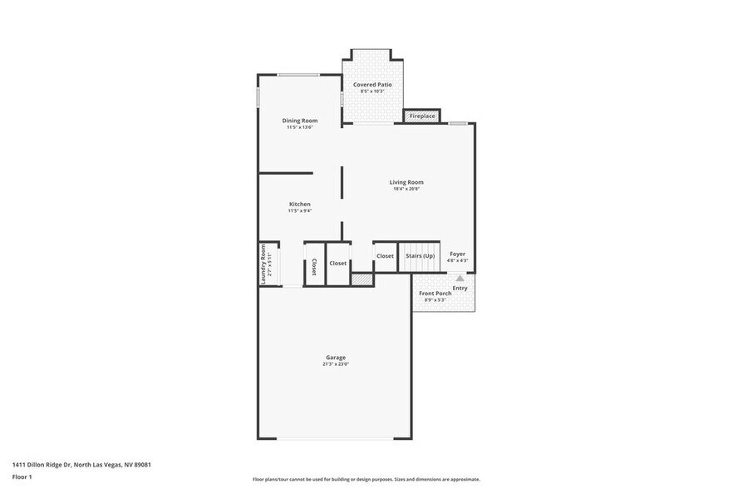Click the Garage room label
[x=335, y=358]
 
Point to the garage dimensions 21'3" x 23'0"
[x=335, y=364]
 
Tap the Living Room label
[x=406, y=182]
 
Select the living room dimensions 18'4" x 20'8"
[x=406, y=189]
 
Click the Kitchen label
[x=299, y=204]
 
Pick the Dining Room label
[x=299, y=121]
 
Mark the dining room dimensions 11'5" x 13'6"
[x=299, y=127]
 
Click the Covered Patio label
[x=371, y=84]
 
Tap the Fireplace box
[x=421, y=116]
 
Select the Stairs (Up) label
[x=420, y=255]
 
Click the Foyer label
[x=457, y=254]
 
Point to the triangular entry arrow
[x=460, y=279]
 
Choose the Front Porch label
[x=435, y=294]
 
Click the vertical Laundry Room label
[x=263, y=264]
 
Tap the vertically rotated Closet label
[x=314, y=267]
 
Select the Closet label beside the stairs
[x=385, y=256]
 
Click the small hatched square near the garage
[x=362, y=281]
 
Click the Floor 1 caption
[x=22, y=477]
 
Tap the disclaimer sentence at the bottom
[x=366, y=479]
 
